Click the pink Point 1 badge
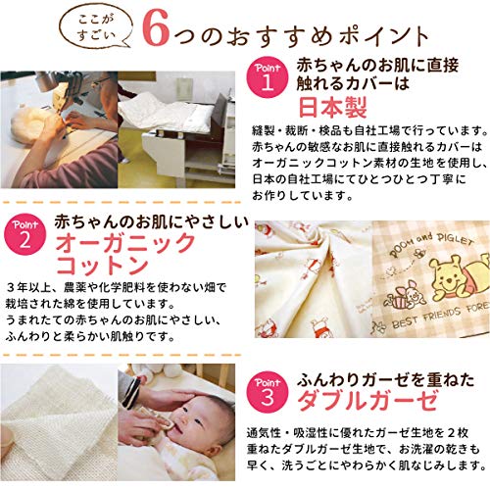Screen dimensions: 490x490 point(268,77)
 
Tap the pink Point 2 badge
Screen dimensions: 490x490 point(25,234)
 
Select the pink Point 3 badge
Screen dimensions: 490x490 point(268,391)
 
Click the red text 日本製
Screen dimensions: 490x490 point(333,107)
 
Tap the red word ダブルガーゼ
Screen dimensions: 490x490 point(367,401)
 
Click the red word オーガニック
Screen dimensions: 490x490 point(125,242)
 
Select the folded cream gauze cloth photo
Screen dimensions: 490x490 point(59,422)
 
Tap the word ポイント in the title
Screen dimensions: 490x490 point(384,36)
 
